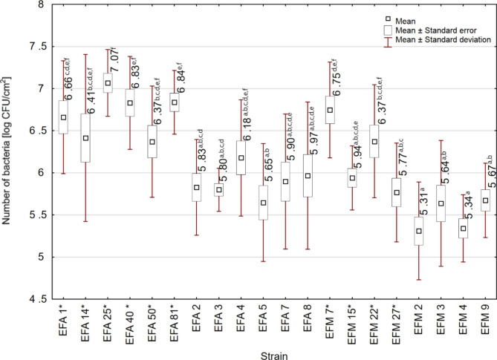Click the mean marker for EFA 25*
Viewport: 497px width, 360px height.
tap(108, 83)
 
